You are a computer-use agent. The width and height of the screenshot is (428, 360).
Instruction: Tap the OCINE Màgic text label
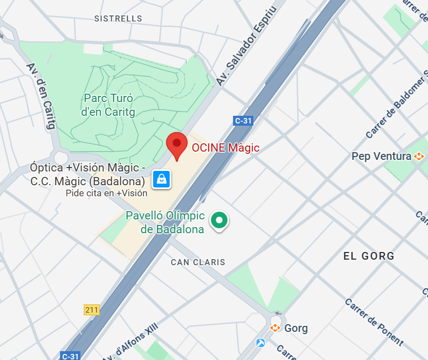pyautogui.click(x=225, y=148)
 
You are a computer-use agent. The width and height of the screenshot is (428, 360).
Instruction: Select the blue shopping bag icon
pyautogui.click(x=161, y=178)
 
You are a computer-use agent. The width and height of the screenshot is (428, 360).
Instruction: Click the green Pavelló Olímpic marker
pyautogui.click(x=220, y=221)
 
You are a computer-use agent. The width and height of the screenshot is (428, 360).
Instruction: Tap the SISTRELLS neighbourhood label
pyautogui.click(x=118, y=19)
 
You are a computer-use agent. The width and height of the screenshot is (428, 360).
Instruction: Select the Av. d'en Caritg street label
pyautogui.click(x=41, y=96)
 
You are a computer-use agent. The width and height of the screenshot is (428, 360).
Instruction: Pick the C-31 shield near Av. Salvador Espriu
pyautogui.click(x=243, y=121)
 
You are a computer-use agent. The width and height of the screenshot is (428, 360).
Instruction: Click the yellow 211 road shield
pyautogui.click(x=91, y=310)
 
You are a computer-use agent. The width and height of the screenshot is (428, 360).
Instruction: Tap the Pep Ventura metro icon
pyautogui.click(x=420, y=157)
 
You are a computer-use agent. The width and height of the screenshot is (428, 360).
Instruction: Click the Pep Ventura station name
pyautogui.click(x=381, y=157)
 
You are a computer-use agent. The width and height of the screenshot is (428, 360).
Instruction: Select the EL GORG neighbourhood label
pyautogui.click(x=369, y=256)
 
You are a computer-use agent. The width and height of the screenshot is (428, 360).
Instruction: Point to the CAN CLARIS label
pyautogui.click(x=198, y=262)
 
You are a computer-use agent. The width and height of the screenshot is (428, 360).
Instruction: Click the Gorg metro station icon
pyautogui.click(x=275, y=329)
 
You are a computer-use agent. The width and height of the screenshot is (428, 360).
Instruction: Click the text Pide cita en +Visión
pyautogui.click(x=106, y=193)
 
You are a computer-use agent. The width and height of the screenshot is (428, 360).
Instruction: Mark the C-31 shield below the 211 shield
pyautogui.click(x=70, y=356)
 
